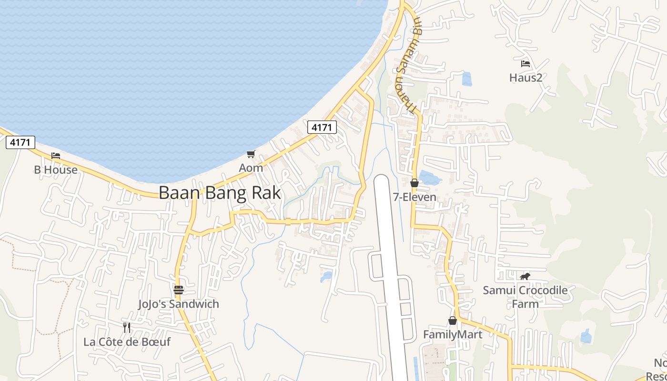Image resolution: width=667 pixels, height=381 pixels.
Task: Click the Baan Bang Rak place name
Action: [220, 193]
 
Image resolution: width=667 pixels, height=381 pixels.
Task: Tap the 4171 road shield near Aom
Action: [322, 127]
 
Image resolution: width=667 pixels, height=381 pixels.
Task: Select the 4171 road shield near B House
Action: [20, 142]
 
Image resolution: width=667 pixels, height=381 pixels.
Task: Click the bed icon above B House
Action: [56, 156]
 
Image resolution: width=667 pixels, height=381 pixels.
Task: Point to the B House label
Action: [56, 170]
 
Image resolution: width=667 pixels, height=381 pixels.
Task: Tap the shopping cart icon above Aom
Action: [251, 154]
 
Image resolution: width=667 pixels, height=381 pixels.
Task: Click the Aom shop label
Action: [251, 168]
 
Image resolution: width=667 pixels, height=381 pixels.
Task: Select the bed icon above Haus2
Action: [526, 63]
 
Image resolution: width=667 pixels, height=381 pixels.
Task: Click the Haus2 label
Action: [526, 77]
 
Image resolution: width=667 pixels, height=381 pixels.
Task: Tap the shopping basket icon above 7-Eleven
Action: [414, 183]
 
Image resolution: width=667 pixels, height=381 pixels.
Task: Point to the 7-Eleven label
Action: [414, 197]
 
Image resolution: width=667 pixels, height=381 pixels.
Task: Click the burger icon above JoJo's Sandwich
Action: [179, 290]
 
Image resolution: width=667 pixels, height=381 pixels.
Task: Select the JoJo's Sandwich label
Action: [179, 304]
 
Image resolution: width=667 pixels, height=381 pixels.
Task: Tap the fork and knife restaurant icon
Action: [127, 327]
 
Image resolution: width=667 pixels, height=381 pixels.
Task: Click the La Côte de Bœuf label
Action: [127, 341]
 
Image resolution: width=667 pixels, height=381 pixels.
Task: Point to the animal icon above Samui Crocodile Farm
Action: [525, 276]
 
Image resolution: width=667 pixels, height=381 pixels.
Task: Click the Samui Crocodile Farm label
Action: [525, 297]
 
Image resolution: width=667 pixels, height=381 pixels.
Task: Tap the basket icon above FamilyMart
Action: [453, 321]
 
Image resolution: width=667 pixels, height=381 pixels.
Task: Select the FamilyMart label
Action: [453, 334]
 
